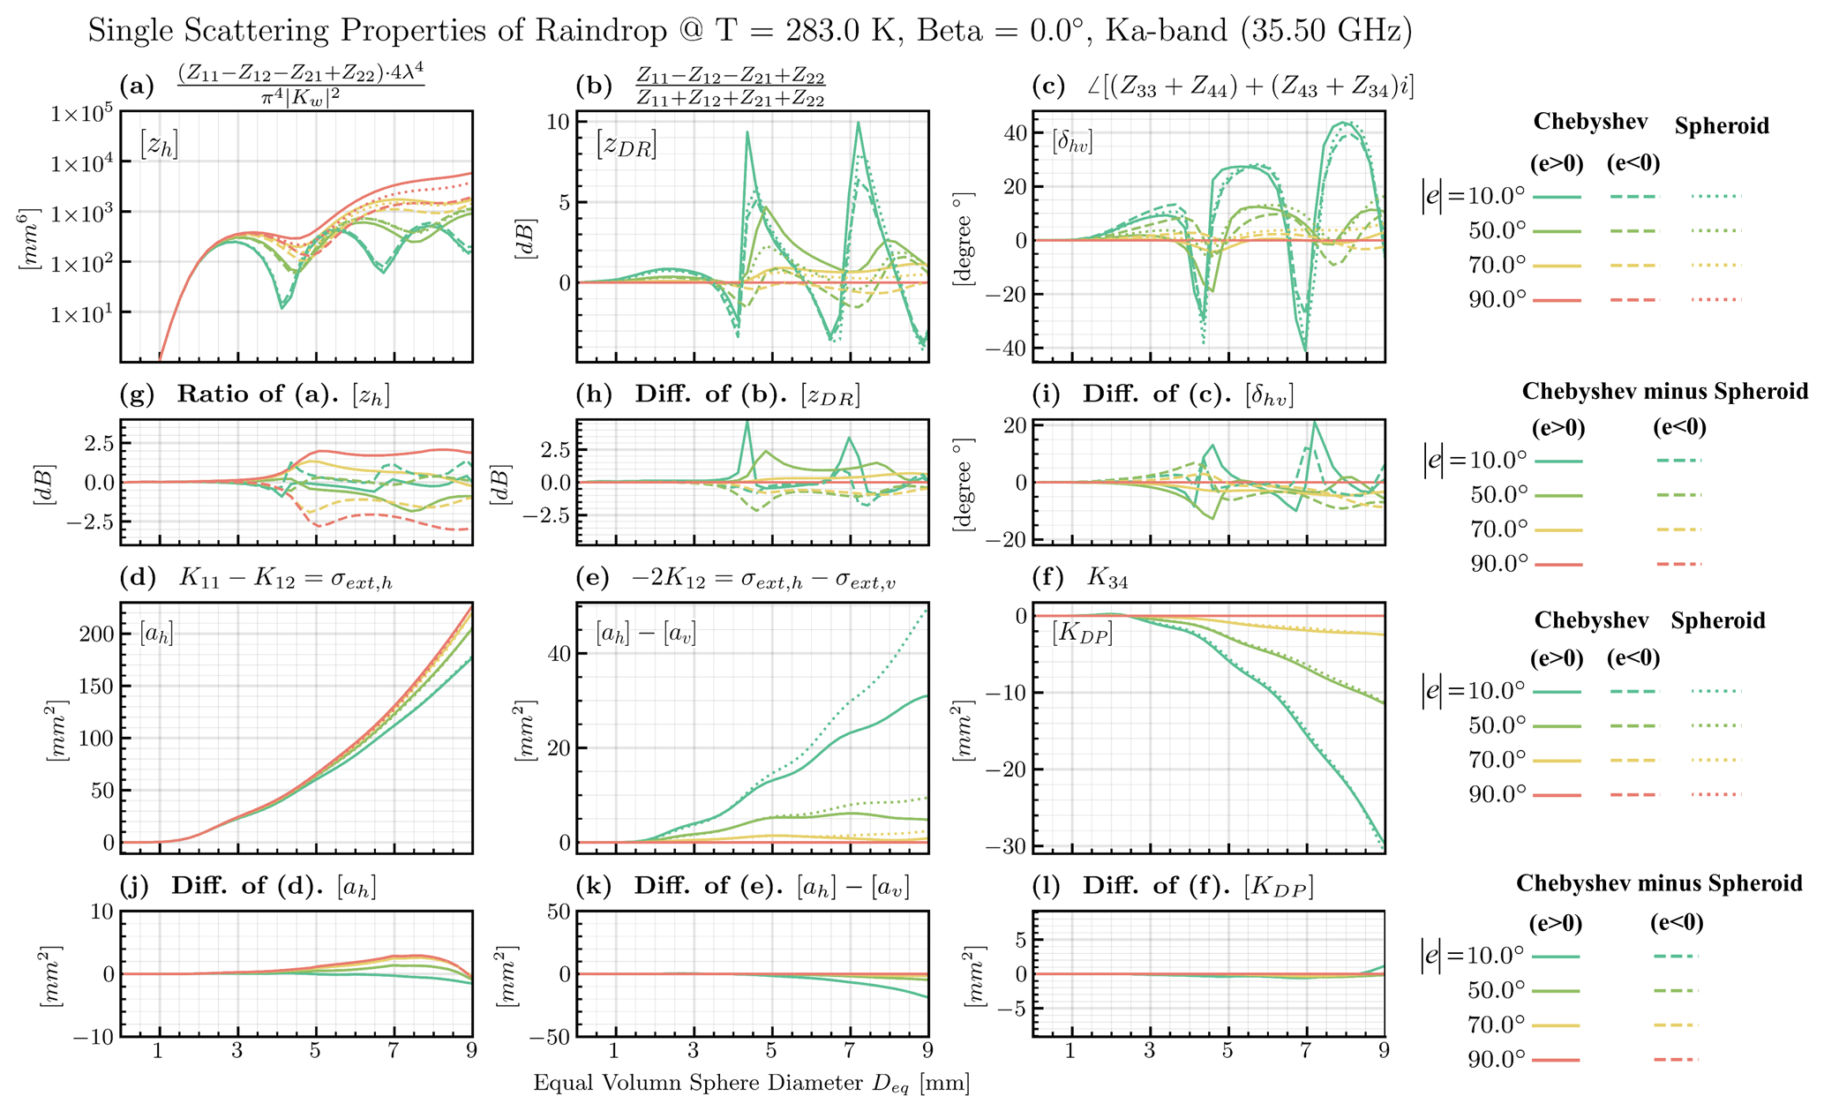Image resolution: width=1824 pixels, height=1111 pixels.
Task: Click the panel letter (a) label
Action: point(136,86)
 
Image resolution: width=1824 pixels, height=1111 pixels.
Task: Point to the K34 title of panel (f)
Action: point(1107,578)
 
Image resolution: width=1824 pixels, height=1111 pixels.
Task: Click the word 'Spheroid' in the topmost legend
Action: point(1722,126)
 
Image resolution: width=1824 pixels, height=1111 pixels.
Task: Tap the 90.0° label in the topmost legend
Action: point(1497,300)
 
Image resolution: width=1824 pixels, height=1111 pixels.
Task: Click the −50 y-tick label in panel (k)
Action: point(546,1037)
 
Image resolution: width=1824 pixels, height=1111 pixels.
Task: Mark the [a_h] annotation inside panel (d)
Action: point(157,633)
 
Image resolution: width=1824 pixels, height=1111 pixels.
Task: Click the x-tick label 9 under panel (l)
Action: point(1385,1052)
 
